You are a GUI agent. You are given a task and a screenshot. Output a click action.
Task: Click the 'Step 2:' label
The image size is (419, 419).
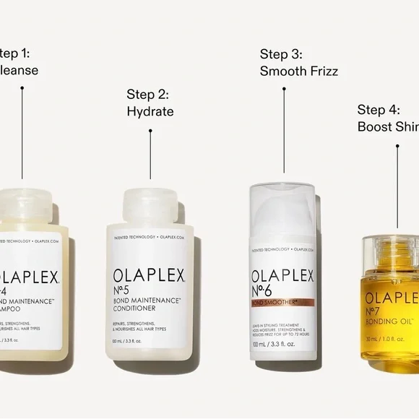point(147,94)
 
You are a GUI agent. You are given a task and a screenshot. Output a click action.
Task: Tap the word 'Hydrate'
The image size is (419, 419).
point(150,111)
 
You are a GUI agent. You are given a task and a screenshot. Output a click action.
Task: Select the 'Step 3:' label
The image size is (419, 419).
point(281,53)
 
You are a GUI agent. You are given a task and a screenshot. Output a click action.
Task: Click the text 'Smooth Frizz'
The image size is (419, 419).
point(299,71)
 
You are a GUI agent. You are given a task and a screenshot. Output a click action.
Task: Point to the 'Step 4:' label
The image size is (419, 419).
point(378,110)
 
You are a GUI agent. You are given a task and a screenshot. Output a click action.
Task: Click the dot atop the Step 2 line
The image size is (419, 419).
point(150,131)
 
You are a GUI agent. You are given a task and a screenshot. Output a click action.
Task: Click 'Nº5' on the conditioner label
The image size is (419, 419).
point(126,293)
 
